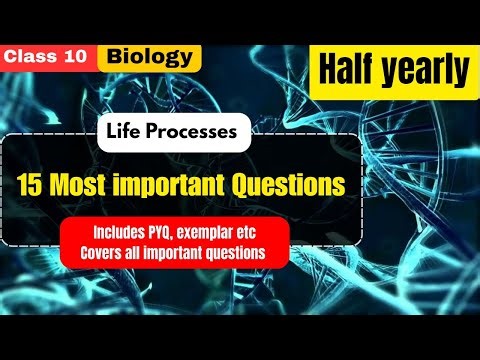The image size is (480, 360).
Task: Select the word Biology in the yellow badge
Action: (x=149, y=56)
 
